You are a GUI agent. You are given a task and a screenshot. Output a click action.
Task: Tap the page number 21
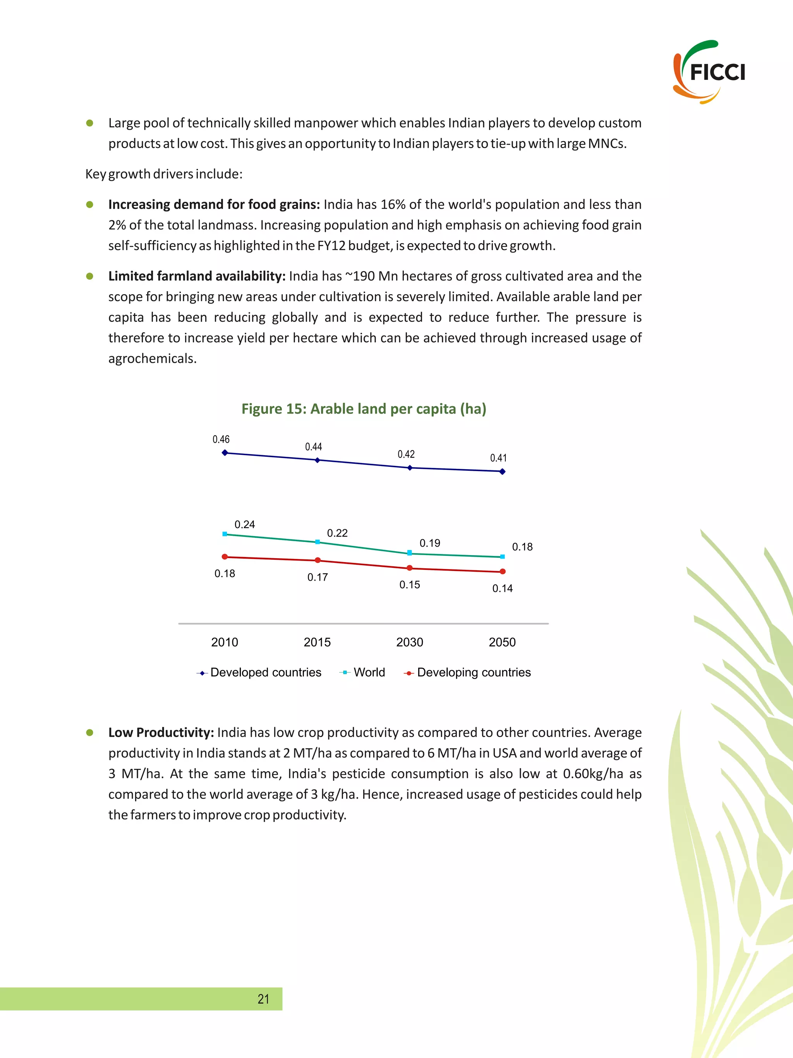click(263, 999)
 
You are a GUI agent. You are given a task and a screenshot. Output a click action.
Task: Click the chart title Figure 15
click(364, 409)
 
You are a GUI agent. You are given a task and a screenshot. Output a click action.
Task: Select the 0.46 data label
click(221, 439)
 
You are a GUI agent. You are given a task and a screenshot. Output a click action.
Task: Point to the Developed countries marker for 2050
click(502, 472)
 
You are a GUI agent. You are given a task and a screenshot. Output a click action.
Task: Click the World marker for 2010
click(225, 534)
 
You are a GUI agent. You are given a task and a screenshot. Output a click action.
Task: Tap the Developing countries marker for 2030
click(409, 568)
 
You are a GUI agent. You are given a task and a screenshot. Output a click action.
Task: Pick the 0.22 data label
click(337, 533)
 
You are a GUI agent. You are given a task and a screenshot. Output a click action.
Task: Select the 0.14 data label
click(502, 588)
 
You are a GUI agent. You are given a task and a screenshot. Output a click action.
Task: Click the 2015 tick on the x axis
click(317, 642)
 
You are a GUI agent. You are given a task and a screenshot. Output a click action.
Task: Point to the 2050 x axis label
click(502, 642)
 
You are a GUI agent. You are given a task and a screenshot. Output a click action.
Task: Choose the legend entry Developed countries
click(266, 672)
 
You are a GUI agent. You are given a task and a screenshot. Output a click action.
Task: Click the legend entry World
click(369, 672)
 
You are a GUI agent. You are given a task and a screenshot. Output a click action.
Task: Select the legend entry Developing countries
click(474, 672)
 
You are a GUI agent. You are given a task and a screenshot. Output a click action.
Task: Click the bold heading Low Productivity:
click(161, 732)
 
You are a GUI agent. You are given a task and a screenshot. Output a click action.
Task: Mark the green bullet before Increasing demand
click(89, 205)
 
